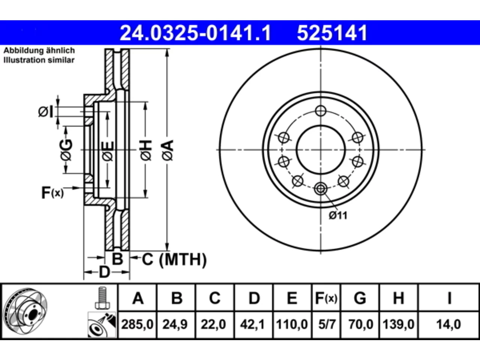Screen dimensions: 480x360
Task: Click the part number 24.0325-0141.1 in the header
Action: pyautogui.click(x=195, y=33)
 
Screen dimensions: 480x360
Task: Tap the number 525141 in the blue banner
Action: pyautogui.click(x=332, y=33)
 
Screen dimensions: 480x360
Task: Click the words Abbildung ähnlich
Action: pyautogui.click(x=39, y=51)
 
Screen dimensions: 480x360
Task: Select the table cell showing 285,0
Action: pyautogui.click(x=137, y=324)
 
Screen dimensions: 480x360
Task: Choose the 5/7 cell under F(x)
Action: pyautogui.click(x=327, y=324)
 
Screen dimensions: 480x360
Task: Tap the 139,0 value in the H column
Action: pyautogui.click(x=398, y=324)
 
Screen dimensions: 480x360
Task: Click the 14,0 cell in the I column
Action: pyautogui.click(x=449, y=324)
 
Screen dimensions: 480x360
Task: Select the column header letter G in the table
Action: pyautogui.click(x=360, y=298)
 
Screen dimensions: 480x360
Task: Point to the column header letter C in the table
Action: pyautogui.click(x=214, y=298)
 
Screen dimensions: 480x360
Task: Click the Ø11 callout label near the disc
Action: pyautogui.click(x=338, y=216)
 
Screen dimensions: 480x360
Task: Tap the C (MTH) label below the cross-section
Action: pyautogui.click(x=174, y=259)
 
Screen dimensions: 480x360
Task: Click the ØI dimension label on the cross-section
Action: pyautogui.click(x=45, y=112)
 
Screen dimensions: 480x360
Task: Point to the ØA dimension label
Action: pyautogui.click(x=168, y=150)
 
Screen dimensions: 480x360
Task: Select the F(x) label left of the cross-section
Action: pyautogui.click(x=52, y=192)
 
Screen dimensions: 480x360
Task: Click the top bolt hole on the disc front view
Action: pyautogui.click(x=321, y=111)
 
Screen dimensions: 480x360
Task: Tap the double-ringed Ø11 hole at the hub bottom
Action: pyautogui.click(x=321, y=188)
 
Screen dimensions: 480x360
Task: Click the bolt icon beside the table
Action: pyautogui.click(x=102, y=298)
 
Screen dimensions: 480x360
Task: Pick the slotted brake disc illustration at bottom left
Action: pyautogui.click(x=25, y=311)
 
